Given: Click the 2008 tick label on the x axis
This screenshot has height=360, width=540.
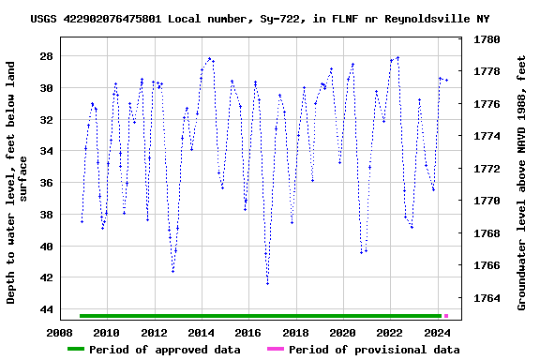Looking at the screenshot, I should (x=60, y=333).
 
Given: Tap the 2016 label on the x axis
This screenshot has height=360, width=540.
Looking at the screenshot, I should (x=248, y=333).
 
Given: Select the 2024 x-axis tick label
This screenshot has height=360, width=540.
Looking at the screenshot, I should (x=437, y=333).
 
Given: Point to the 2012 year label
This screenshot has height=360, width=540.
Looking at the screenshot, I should (x=154, y=333).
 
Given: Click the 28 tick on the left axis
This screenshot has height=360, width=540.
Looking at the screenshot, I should (x=43, y=56).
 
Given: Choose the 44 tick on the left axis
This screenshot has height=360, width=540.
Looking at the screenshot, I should (x=43, y=309).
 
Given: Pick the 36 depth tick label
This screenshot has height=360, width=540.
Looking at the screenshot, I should (x=43, y=183).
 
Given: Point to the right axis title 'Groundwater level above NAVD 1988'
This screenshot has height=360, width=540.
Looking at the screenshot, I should (x=521, y=183).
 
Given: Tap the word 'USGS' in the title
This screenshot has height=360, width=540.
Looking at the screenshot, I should (x=44, y=19).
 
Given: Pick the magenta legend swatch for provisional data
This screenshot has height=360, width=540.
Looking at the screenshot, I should (x=275, y=350).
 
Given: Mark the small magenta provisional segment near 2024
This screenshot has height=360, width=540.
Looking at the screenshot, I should (x=445, y=316).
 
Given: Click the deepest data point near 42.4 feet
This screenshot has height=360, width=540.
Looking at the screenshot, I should (x=267, y=283).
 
